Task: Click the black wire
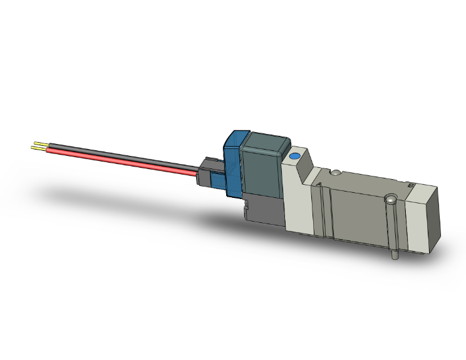coord(125,155)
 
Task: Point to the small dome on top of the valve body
coord(336,173)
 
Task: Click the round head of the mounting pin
coord(391,200)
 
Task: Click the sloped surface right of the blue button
coord(311,165)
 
